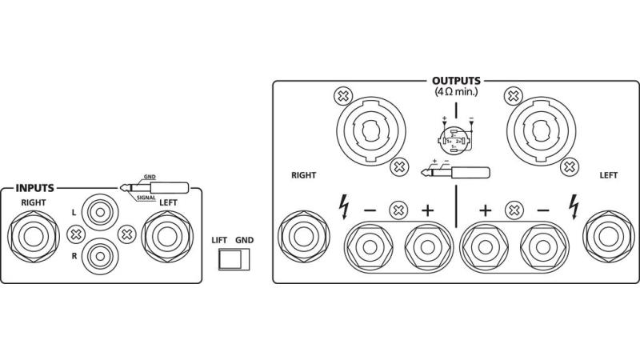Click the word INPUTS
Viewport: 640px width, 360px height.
coord(34,189)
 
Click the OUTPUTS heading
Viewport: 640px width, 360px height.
coord(456,81)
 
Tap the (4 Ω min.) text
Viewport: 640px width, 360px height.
coord(456,93)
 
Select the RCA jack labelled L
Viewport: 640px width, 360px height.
coord(101,214)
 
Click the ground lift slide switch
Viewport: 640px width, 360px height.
coord(234,259)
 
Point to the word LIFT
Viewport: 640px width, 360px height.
coord(220,239)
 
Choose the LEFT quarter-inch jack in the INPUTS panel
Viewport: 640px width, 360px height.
coord(168,238)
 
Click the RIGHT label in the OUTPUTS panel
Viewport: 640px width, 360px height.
coord(305,174)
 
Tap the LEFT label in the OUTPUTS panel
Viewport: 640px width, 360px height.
coord(610,174)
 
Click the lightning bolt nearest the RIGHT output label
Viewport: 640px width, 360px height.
coord(344,206)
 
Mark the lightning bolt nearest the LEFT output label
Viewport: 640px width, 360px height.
coord(573,206)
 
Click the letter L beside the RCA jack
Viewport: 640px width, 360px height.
coord(74,213)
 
